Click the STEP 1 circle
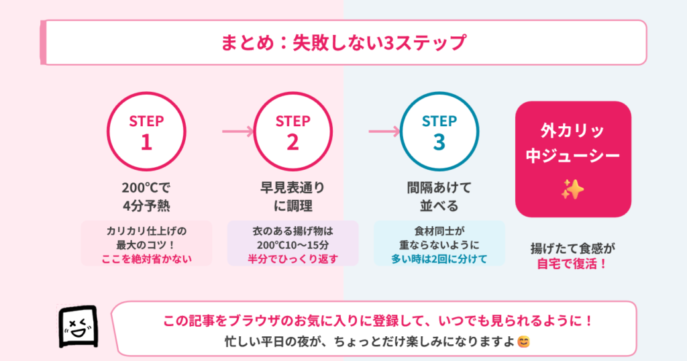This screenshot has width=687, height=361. (146, 132)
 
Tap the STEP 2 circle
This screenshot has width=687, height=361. (293, 132)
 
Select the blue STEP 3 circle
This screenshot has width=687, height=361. (439, 132)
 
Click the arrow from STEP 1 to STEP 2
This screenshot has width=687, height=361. (238, 132)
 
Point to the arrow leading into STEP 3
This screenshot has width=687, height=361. (384, 132)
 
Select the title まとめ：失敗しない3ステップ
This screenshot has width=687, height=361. (343, 43)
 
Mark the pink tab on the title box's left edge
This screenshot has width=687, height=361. (44, 43)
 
